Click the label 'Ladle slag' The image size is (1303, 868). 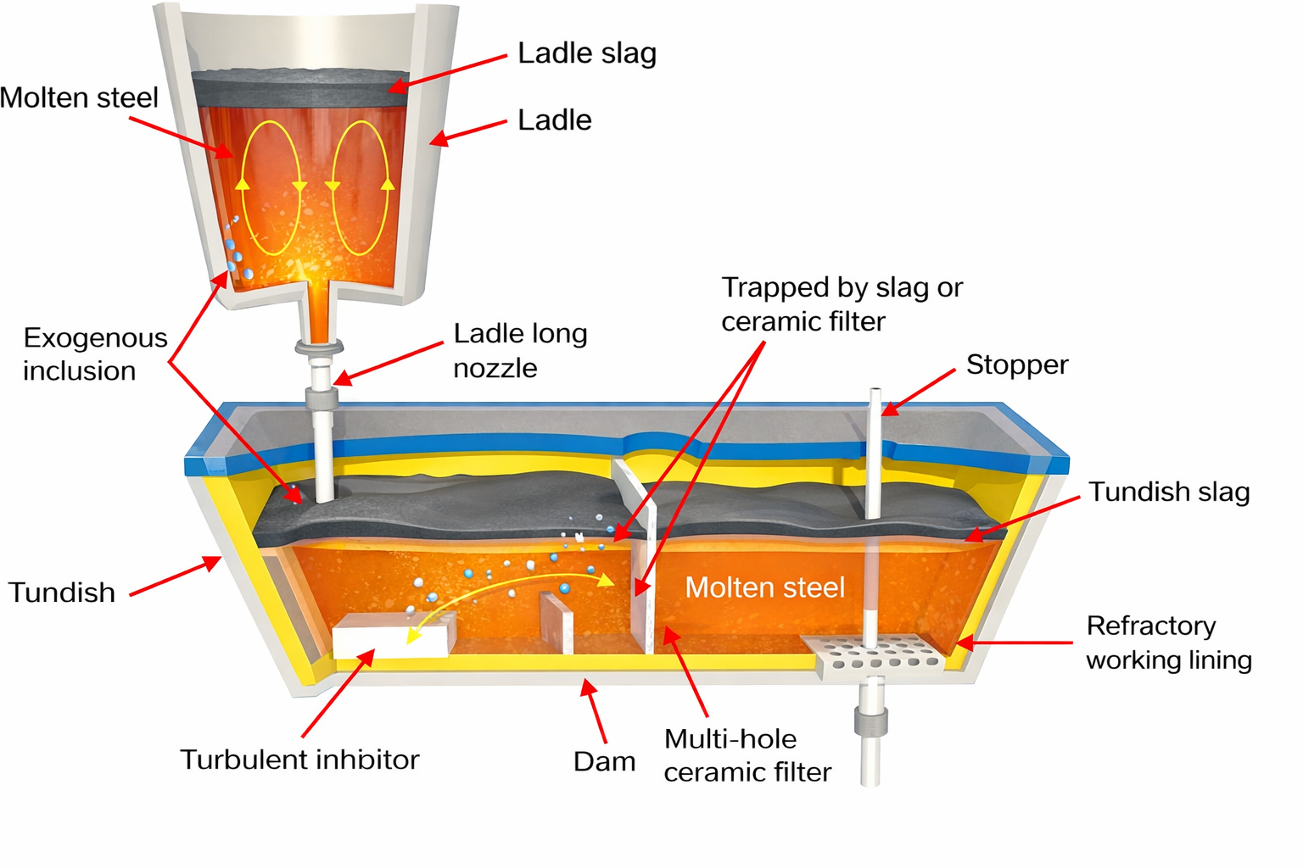587,53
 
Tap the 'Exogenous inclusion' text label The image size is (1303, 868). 95,354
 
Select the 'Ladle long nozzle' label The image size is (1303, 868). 520,350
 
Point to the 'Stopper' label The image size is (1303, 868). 1016,364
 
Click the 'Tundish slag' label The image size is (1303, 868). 1169,492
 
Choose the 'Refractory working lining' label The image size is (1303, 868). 1168,643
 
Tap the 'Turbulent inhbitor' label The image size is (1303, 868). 299,759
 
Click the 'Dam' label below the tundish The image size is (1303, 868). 604,761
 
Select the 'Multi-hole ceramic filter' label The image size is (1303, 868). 747,755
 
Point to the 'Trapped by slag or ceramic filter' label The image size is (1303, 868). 842,304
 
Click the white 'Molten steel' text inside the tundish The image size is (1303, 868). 765,587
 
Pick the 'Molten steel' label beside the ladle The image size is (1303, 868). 79,97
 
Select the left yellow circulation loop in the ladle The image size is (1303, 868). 271,187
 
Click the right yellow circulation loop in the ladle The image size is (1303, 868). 361,187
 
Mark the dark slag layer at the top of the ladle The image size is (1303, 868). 301,88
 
